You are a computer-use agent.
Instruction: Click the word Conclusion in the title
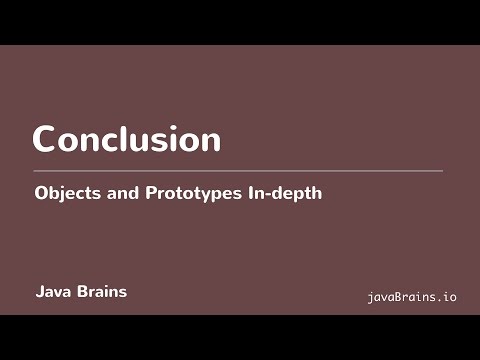126,139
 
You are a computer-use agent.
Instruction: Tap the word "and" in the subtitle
114,193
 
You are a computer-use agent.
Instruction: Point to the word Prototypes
185,194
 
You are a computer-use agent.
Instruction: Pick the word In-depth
284,194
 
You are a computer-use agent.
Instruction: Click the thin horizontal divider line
238,171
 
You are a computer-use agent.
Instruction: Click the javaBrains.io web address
412,297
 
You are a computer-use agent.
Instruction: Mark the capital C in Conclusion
45,139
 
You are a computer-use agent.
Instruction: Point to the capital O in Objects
40,193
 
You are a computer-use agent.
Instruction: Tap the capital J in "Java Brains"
39,293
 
